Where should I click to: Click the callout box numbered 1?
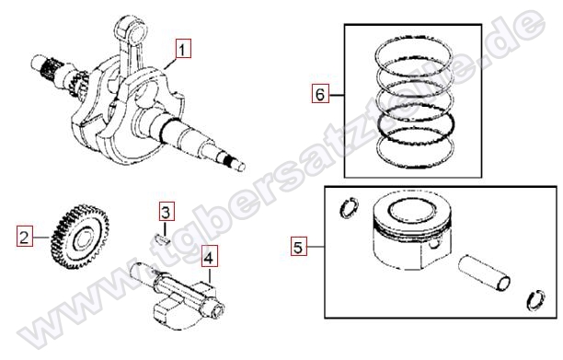coord(183,49)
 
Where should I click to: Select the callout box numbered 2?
coord(24,238)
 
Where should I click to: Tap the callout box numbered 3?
coord(167,212)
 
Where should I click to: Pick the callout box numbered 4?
coord(210,257)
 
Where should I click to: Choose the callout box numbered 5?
coord(299,247)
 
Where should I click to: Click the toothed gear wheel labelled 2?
coord(80,237)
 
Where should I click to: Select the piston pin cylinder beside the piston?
coord(485,273)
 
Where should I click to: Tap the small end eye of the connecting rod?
coord(132,30)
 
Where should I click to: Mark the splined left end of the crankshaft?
coord(45,65)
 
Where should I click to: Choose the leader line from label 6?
coord(337,95)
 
